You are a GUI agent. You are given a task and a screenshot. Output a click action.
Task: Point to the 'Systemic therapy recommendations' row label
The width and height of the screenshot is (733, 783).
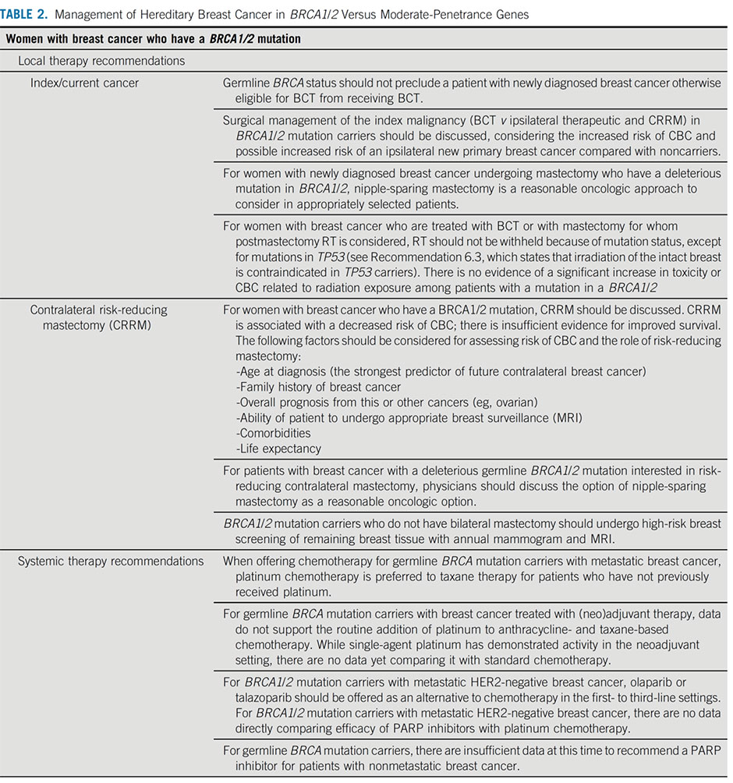(x=111, y=561)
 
